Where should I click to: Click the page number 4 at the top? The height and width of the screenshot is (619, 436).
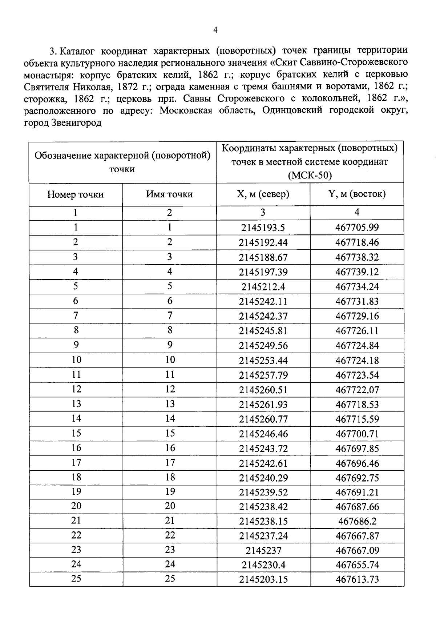[215, 30]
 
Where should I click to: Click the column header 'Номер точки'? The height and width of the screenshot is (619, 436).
[75, 194]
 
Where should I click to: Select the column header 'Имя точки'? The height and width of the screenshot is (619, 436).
[169, 194]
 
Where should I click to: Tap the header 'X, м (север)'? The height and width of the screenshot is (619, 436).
[263, 194]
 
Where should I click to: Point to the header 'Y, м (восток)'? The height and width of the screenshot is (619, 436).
[357, 194]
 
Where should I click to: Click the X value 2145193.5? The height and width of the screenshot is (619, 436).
[263, 228]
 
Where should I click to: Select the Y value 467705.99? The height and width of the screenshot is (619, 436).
[357, 228]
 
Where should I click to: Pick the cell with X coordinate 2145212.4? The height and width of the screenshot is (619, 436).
[263, 287]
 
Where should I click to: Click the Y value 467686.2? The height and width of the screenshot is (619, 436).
[357, 521]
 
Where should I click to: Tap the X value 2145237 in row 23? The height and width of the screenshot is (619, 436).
[263, 551]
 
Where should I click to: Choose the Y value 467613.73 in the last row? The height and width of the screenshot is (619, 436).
[357, 579]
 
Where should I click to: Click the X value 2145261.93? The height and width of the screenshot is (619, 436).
[263, 404]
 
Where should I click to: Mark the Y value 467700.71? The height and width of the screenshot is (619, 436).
[357, 434]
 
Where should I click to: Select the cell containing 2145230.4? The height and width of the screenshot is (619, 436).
[263, 565]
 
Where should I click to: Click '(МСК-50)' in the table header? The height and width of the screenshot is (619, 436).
[310, 176]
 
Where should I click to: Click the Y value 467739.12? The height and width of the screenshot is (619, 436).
[357, 272]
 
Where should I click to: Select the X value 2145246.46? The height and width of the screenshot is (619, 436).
[263, 434]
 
